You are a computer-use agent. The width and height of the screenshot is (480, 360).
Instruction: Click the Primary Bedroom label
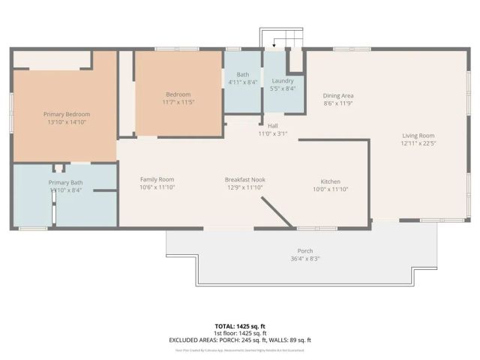point(67,113)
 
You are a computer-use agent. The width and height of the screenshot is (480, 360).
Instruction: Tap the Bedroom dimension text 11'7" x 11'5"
point(178,102)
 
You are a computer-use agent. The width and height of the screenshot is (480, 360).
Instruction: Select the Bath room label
point(243,74)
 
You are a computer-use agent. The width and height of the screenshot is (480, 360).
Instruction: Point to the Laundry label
point(282,80)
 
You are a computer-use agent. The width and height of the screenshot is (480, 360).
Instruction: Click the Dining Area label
point(338,95)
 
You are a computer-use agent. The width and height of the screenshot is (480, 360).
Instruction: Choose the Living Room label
point(418,136)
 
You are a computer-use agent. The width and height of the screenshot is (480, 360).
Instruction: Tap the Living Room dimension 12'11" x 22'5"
point(418,143)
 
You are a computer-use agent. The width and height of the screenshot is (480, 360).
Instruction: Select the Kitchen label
point(331,181)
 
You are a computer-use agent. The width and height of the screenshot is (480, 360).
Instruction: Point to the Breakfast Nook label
point(245,180)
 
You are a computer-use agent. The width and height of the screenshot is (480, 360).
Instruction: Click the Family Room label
point(157,179)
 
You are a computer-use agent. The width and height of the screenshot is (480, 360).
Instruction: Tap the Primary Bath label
point(65,183)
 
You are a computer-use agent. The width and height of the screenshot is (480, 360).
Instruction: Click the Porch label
point(304,250)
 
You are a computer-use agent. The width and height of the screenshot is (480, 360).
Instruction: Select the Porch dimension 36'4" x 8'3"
point(304,259)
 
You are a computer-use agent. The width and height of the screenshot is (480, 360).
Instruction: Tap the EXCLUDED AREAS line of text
point(241,340)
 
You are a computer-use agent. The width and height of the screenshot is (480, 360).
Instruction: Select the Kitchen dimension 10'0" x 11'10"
point(331,189)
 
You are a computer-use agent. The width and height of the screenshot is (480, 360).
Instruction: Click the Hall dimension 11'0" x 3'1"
point(274,133)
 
